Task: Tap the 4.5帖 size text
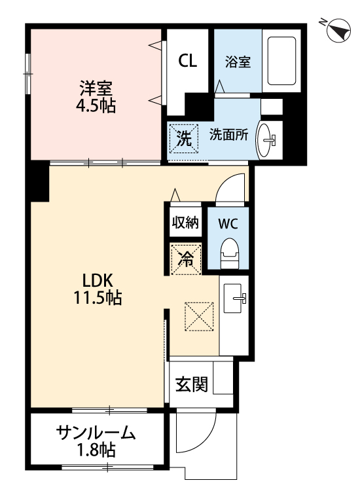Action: [x=95, y=105]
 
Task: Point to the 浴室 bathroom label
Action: [x=238, y=62]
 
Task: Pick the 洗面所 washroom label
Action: [x=228, y=135]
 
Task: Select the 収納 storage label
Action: [x=185, y=222]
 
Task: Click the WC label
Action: [x=228, y=223]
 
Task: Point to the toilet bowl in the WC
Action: [x=229, y=251]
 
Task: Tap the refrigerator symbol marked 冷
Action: [x=186, y=258]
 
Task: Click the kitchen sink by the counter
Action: [x=235, y=299]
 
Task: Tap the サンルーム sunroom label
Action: [x=96, y=433]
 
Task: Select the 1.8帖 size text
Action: [x=96, y=450]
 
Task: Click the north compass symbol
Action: [x=336, y=29]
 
